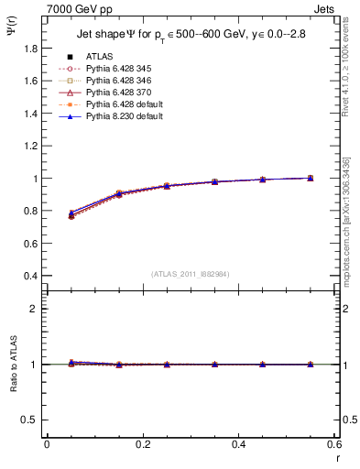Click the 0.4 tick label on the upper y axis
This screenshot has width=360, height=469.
[31, 276]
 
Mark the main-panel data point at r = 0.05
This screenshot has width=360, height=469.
[71, 215]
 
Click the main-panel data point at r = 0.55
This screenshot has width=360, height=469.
[311, 178]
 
